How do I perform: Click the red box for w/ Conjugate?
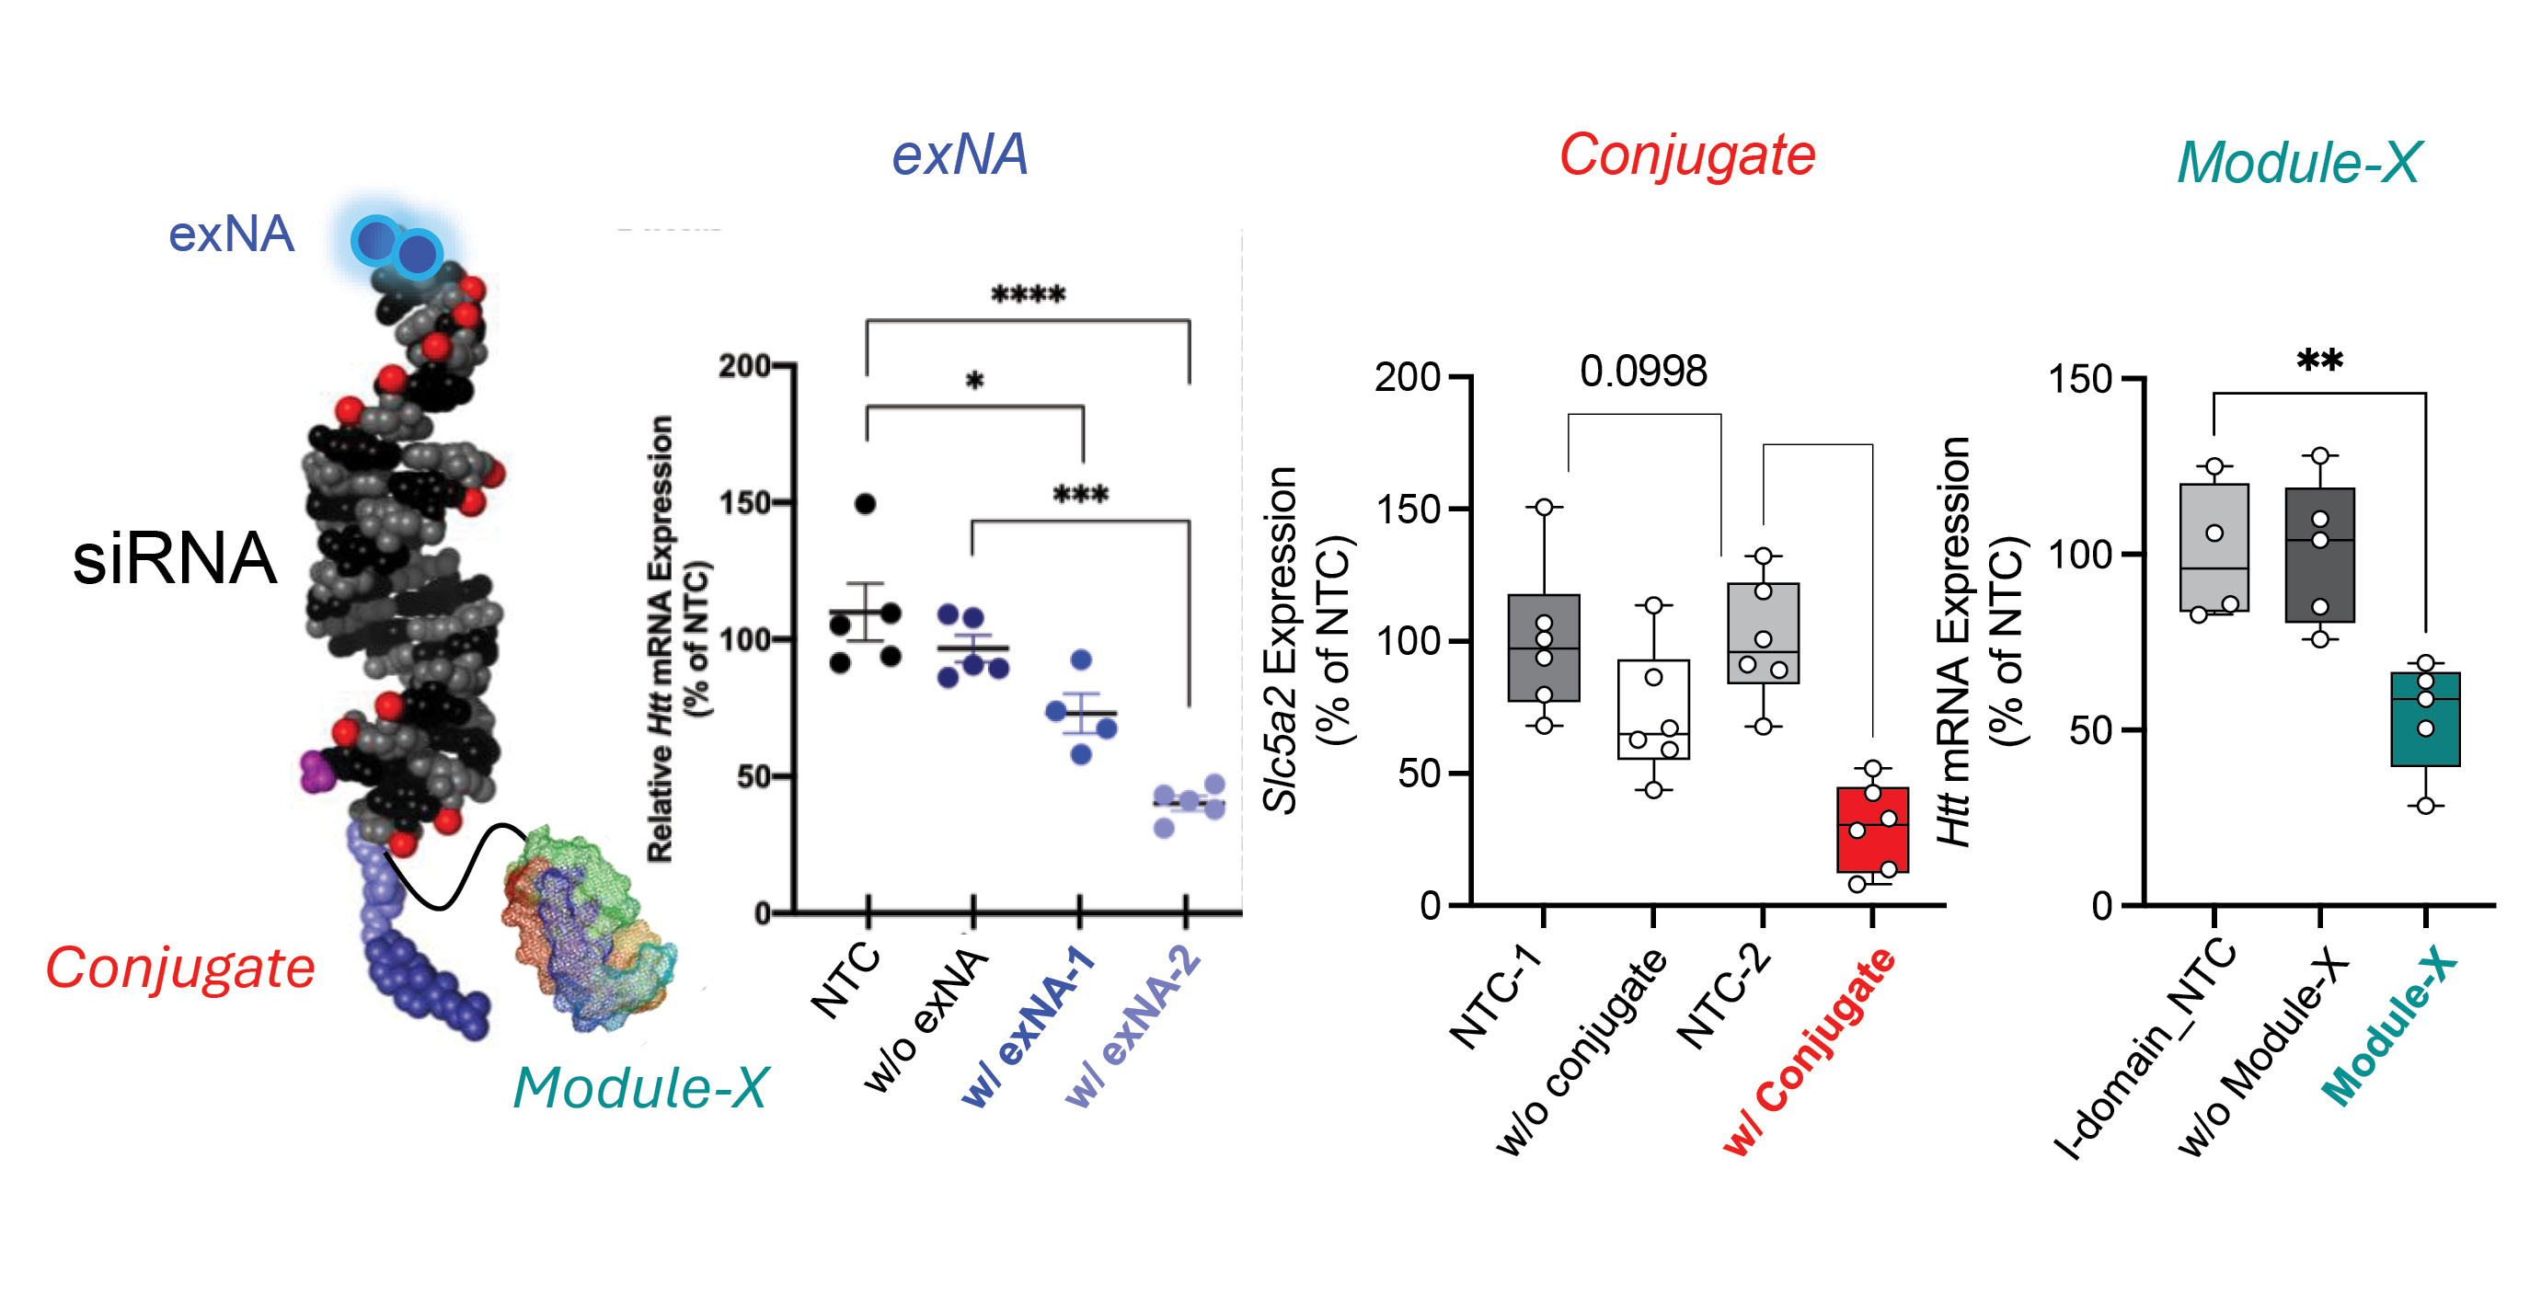click(1872, 830)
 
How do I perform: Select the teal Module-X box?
click(2425, 718)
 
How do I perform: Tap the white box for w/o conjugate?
click(1654, 709)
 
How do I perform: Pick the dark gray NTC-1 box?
click(1544, 648)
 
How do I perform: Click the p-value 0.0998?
click(1643, 373)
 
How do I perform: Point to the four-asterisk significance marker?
click(1028, 294)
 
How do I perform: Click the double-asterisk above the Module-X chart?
click(2320, 361)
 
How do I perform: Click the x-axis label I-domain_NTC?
click(2146, 1050)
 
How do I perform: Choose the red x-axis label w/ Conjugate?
click(1809, 1050)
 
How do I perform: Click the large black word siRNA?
click(175, 557)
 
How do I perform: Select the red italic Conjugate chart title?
click(1686, 155)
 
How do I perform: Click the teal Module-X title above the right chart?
click(2299, 162)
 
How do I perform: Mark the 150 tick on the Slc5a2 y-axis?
click(1420, 509)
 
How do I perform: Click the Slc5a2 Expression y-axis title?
click(1281, 638)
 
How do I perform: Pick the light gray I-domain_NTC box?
click(2214, 548)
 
